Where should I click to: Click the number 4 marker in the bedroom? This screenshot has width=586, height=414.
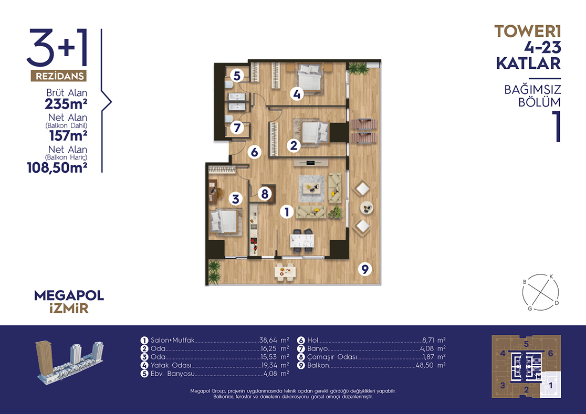pos(297,94)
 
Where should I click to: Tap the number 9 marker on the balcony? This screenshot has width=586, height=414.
pos(365,269)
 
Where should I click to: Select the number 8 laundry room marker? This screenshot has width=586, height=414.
pos(265,194)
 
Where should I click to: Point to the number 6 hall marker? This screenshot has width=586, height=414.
pos(254,152)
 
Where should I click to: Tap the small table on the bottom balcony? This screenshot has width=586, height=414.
pos(286,272)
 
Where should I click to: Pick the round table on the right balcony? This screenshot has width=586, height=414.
pos(367,208)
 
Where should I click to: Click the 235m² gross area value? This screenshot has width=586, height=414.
pos(66,104)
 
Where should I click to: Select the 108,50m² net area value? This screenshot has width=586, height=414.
pos(57,167)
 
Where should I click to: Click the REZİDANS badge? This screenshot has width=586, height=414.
pos(59,76)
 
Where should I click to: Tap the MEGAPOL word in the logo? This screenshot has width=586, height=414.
pos(69,295)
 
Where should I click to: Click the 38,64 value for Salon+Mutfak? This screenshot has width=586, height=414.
pos(268,340)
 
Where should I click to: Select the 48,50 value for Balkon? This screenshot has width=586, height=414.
pos(425,365)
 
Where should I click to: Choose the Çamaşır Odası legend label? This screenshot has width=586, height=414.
pos(332,357)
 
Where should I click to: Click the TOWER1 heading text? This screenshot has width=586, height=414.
pos(528,31)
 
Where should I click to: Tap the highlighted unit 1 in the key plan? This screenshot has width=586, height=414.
pos(550,385)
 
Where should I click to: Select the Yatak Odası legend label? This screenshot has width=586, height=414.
pos(171,366)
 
